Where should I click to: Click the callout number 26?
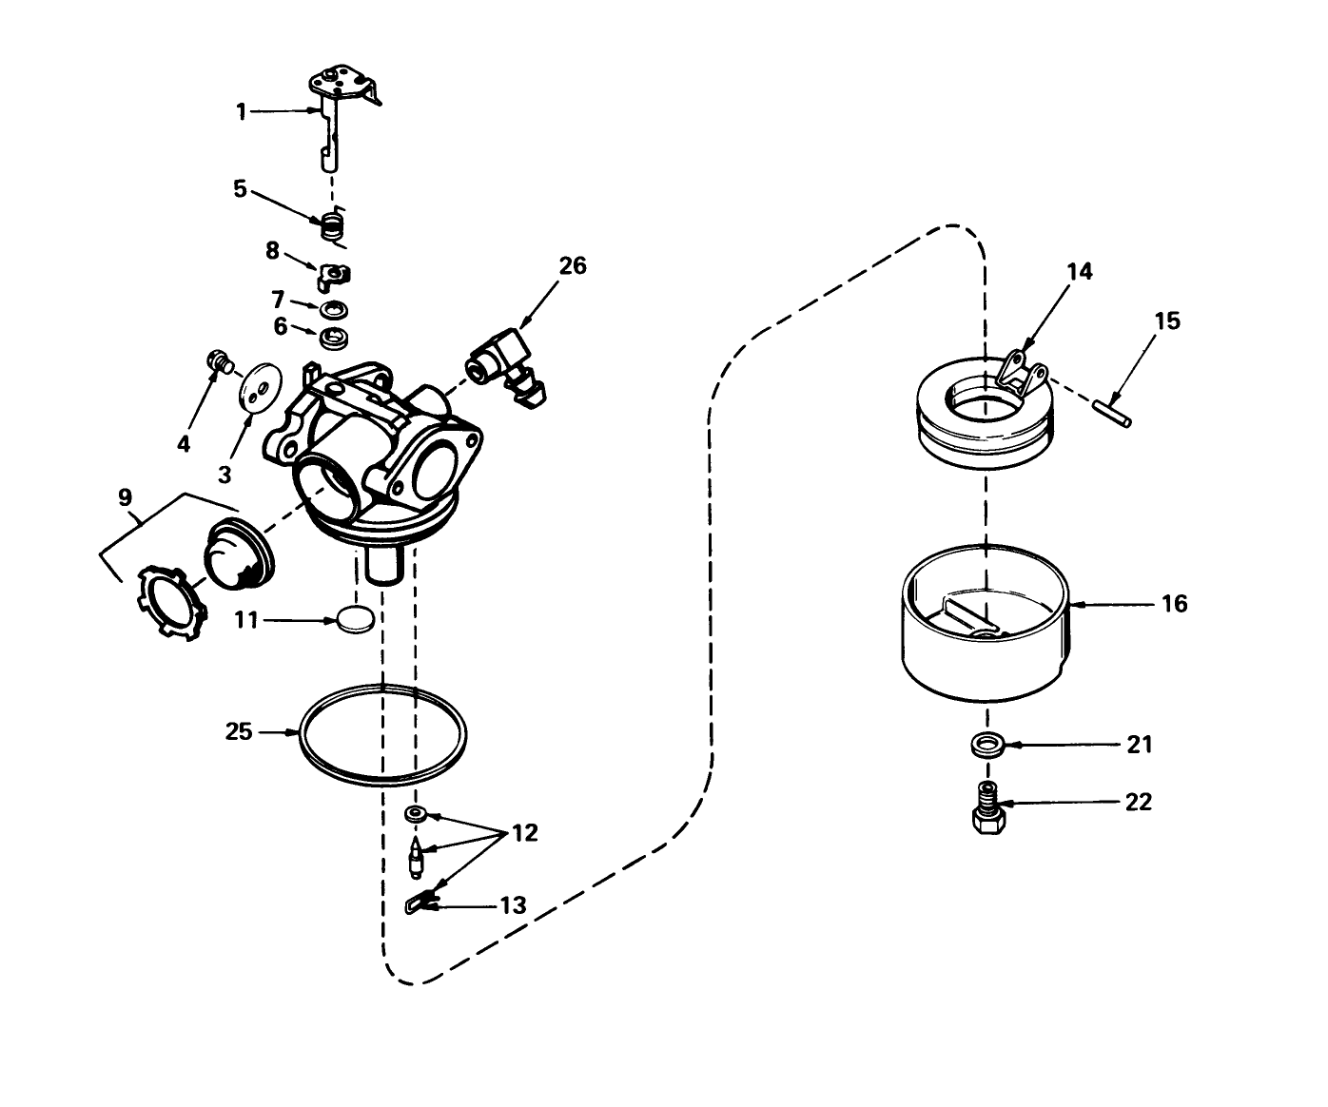[572, 266]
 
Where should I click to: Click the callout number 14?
[1079, 272]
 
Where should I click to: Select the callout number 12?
[524, 833]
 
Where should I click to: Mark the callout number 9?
[125, 496]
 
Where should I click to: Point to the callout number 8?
[272, 251]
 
